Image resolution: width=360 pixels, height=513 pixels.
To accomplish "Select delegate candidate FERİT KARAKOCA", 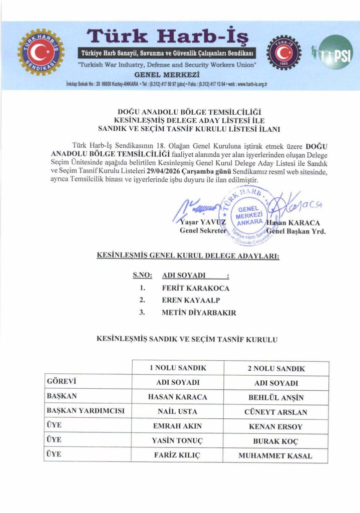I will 196,288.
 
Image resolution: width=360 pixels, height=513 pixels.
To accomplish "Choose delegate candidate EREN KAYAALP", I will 191,300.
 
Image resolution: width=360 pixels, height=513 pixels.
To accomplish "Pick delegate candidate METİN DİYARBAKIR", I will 199,313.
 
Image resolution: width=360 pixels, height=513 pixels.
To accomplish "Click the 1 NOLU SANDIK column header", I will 178,369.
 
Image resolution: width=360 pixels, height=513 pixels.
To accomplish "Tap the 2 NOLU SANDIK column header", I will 276,369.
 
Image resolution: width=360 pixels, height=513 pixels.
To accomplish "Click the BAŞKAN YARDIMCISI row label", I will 85,412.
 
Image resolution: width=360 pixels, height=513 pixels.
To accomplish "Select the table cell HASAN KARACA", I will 178,397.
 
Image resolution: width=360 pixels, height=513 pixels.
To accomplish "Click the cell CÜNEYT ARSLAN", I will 276,412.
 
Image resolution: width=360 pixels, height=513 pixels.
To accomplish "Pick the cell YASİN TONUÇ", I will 178,441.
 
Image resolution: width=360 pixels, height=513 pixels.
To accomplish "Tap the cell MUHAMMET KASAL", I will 276,456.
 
